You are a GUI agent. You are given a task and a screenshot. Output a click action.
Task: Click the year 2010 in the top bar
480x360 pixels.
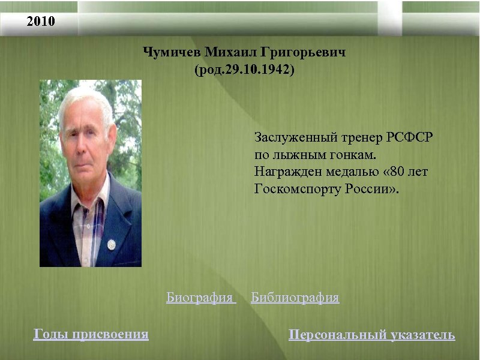(x=40, y=22)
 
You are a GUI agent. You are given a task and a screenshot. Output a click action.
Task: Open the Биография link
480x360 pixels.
(x=200, y=298)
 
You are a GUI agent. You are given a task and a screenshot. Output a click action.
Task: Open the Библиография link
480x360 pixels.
(x=295, y=298)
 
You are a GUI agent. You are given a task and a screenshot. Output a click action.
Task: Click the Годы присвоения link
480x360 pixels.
(x=91, y=334)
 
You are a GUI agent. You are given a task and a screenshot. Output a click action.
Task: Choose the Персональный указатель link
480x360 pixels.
(x=371, y=335)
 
